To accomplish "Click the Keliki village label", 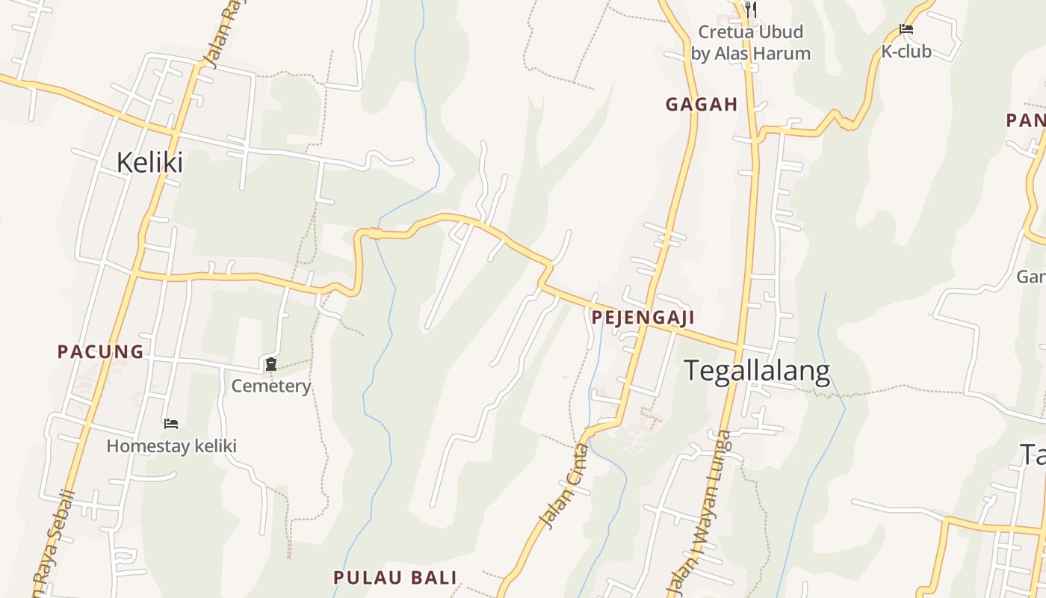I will click(x=149, y=162).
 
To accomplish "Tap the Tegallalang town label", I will click(x=757, y=372).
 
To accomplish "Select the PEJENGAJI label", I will click(x=643, y=318).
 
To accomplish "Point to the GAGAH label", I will click(x=702, y=105).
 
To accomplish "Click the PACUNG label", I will click(x=100, y=352).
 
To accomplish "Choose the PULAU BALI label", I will click(x=394, y=578).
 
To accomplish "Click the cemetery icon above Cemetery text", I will click(x=271, y=365).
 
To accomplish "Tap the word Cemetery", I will click(x=270, y=386).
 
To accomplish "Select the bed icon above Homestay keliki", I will click(x=171, y=424).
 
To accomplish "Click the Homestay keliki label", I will click(x=171, y=446).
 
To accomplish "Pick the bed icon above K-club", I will click(x=906, y=30).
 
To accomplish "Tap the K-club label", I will click(x=906, y=52).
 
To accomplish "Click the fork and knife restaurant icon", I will click(x=751, y=10).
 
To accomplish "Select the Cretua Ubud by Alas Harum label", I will click(x=750, y=43).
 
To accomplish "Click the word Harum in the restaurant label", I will click(x=782, y=54).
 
